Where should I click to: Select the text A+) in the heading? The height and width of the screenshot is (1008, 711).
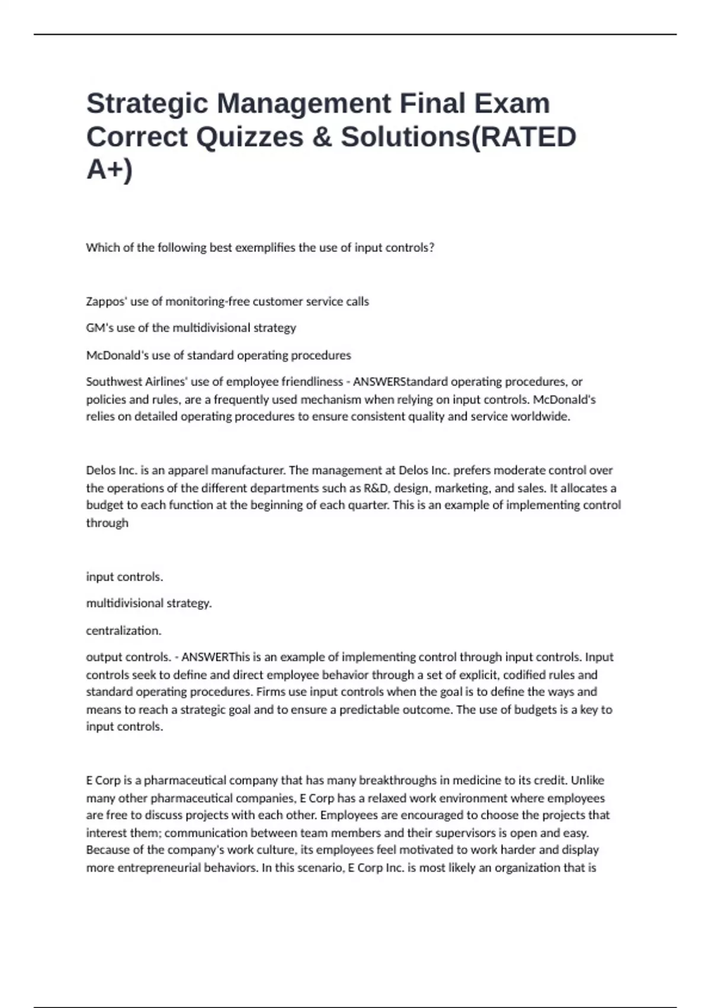[110, 169]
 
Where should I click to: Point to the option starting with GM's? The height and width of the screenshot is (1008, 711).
[191, 328]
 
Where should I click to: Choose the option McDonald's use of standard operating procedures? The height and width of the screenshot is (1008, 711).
[218, 355]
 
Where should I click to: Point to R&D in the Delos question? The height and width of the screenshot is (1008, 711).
[373, 488]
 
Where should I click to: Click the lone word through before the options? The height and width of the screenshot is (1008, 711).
[107, 523]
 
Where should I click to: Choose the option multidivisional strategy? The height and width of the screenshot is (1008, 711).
[149, 603]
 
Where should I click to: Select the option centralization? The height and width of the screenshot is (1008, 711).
[123, 630]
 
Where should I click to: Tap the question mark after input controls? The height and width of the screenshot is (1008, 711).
[431, 248]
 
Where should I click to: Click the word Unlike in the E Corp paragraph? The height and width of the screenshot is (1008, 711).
[587, 780]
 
